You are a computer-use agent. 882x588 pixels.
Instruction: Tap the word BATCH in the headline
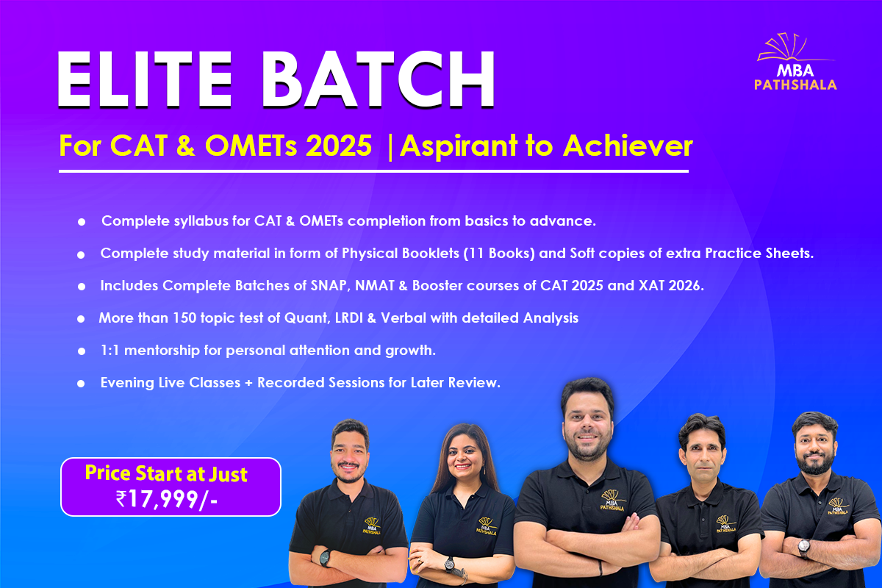pos(378,79)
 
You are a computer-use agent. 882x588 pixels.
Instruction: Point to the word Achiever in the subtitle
pos(628,146)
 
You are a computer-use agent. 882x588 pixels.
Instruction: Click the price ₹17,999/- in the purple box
pos(167,499)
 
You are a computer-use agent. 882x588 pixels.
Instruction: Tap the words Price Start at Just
pos(166,473)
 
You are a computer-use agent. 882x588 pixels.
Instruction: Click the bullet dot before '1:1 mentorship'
pos(82,351)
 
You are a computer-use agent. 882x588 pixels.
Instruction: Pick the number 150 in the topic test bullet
pos(184,318)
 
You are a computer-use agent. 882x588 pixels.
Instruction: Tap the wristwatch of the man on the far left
pos(325,558)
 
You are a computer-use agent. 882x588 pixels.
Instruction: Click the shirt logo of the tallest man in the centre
pos(612,501)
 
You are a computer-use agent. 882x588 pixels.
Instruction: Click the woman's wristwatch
pos(449,564)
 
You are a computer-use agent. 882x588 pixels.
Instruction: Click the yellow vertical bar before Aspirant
pos(390,146)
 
